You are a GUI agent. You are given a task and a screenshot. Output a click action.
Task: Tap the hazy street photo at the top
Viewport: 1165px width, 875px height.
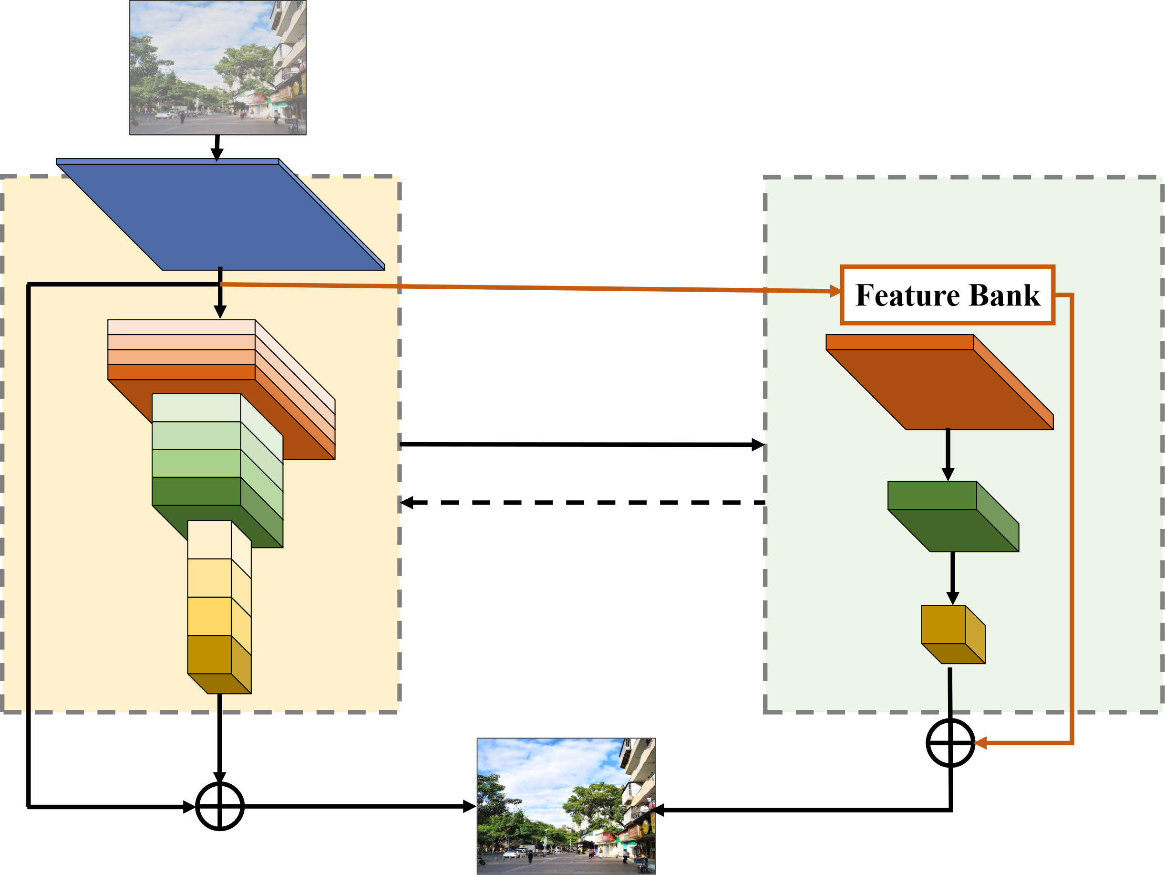[x=217, y=67]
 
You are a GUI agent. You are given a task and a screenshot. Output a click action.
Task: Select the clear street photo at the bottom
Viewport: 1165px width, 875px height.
[x=566, y=805]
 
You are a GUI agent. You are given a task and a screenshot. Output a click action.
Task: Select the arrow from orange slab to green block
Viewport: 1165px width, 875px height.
[x=948, y=453]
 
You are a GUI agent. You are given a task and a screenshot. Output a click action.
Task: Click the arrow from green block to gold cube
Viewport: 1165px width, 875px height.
[x=952, y=577]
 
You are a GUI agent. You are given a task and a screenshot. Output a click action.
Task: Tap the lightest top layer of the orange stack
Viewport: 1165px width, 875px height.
[x=182, y=327]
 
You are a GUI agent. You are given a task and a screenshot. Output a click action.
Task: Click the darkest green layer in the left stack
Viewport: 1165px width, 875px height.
[x=196, y=491]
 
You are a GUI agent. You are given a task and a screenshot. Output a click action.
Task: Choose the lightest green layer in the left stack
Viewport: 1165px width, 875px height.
[x=196, y=408]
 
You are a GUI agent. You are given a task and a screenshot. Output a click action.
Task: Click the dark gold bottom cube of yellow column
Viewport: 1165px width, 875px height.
[x=209, y=654]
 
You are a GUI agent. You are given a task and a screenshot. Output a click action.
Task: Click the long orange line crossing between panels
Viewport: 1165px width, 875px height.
[x=526, y=287]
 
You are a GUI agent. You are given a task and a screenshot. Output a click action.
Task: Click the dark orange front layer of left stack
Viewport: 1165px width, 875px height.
[x=182, y=372]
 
